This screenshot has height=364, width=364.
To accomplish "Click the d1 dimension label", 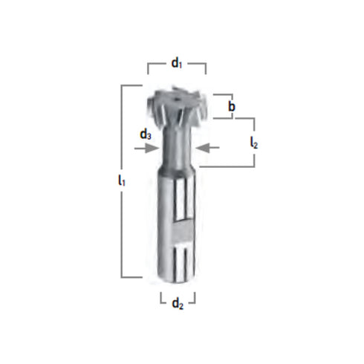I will point(177,63).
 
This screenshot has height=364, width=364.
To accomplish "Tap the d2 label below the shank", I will point(178,302).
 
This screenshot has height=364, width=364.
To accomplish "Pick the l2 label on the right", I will point(254,141).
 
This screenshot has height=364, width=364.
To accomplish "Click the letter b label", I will point(232,107).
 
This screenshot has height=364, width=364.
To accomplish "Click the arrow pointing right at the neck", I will point(148,149).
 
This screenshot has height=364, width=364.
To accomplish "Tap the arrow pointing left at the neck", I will point(210,149).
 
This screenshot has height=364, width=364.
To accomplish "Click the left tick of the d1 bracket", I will point(148,68).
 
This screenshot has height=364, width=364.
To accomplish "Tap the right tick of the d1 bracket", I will point(206,68).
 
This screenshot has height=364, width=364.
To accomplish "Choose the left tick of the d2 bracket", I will point(161,298).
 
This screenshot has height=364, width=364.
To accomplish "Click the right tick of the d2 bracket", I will point(194,298).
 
